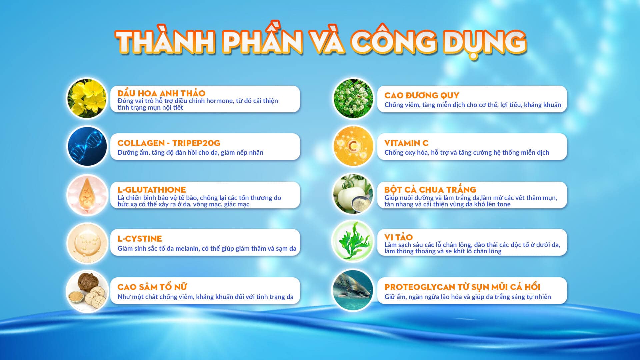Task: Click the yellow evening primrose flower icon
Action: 87,99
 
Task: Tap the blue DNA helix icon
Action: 87,146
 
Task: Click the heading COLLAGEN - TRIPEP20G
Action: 169,143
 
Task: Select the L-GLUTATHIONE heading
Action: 152,190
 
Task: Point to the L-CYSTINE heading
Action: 140,239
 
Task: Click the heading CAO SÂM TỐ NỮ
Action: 152,286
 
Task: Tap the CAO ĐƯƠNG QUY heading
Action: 422,95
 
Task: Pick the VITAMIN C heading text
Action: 406,143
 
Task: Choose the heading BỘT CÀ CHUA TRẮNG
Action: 430,189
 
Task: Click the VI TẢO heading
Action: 398,237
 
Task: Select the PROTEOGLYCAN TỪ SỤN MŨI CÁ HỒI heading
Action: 462,287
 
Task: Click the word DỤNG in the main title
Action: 485,43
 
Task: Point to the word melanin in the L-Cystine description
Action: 187,248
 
